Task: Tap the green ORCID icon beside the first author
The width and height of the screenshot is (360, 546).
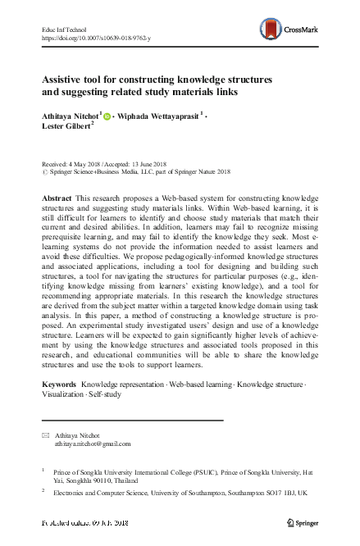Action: click(x=108, y=116)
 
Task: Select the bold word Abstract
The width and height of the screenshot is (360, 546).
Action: click(x=57, y=200)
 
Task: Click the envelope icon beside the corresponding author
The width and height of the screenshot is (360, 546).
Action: click(x=44, y=435)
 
